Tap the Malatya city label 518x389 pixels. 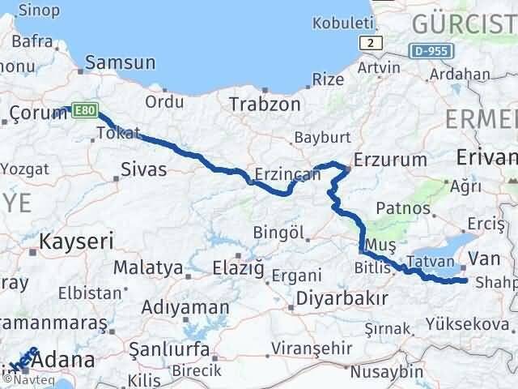click(x=148, y=267)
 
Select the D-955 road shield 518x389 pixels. click(x=430, y=50)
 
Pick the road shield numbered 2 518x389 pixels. click(x=370, y=42)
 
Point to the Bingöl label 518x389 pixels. click(x=277, y=233)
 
